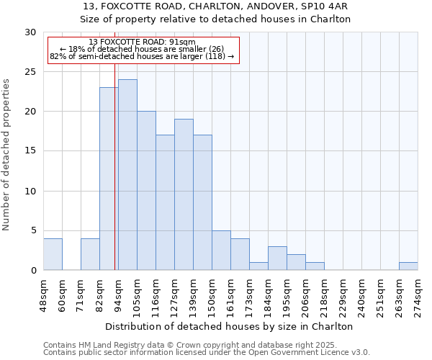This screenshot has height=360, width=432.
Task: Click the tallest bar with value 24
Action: click(127, 175)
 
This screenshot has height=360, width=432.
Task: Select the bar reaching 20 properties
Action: click(146, 191)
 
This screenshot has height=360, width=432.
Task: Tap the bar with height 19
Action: click(184, 194)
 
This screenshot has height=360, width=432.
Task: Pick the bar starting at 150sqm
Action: click(221, 251)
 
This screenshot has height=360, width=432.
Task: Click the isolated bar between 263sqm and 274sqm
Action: click(408, 266)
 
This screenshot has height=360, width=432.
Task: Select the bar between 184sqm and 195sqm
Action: click(277, 258)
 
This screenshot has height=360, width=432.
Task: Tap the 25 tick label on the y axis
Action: click(30, 72)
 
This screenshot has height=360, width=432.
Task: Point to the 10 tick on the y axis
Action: click(30, 192)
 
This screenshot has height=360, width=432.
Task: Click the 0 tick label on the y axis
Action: click(33, 271)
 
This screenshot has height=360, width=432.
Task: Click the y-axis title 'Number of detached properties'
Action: click(6, 155)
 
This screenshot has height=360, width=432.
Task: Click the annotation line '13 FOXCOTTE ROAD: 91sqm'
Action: click(142, 42)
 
